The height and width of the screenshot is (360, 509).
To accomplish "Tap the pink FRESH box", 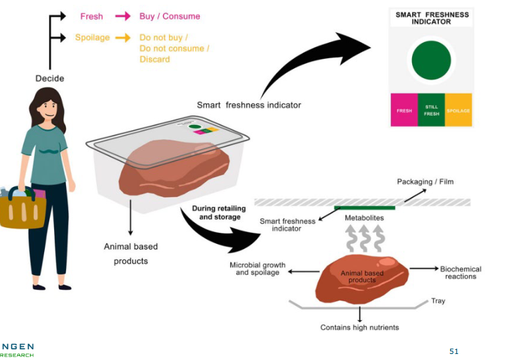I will click(404, 110).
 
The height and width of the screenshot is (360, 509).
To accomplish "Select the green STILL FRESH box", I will click(432, 110).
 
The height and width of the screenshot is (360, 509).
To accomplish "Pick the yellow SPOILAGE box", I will click(458, 110).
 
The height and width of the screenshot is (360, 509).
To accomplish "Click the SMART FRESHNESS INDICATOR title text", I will click(432, 18).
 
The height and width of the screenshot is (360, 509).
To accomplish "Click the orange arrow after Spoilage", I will click(122, 38).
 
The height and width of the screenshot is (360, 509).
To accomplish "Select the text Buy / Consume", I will click(170, 16).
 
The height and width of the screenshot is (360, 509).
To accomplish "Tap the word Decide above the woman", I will click(49, 79).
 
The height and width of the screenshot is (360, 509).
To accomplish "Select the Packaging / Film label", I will click(425, 182).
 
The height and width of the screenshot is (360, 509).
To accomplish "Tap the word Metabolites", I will click(364, 218).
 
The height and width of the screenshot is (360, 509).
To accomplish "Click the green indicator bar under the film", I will click(364, 208).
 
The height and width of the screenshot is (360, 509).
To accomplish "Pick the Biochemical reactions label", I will click(460, 273).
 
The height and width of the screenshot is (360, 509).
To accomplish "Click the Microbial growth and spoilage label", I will click(257, 268).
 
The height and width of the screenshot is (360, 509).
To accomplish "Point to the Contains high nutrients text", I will click(359, 327).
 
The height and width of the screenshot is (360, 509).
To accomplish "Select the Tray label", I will click(438, 301).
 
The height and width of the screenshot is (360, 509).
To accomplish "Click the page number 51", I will click(454, 351).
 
